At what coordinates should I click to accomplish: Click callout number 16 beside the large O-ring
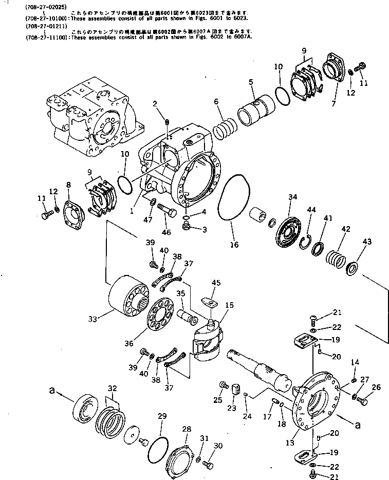click(234, 245)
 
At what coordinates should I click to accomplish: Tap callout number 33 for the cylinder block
click(93, 320)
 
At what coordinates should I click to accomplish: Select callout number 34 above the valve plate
click(292, 197)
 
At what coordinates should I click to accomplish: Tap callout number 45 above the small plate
click(216, 282)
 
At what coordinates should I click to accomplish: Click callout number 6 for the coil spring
click(216, 102)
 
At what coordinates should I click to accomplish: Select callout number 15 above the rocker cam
click(229, 305)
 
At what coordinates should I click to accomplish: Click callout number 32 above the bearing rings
click(112, 388)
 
